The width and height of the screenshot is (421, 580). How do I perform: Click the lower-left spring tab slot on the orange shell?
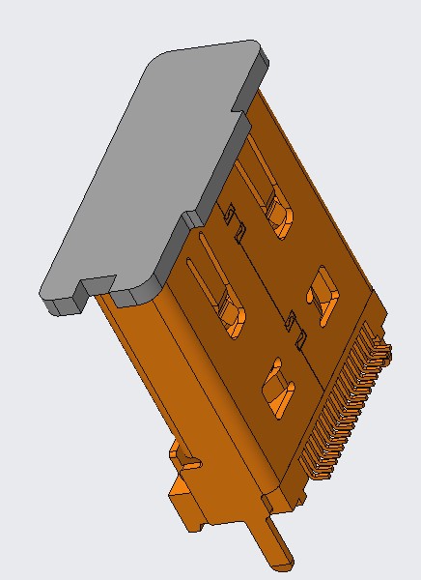point(232,314)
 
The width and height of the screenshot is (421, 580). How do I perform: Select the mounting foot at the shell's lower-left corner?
point(188,503)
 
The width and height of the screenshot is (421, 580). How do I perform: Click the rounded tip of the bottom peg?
point(284,561)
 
